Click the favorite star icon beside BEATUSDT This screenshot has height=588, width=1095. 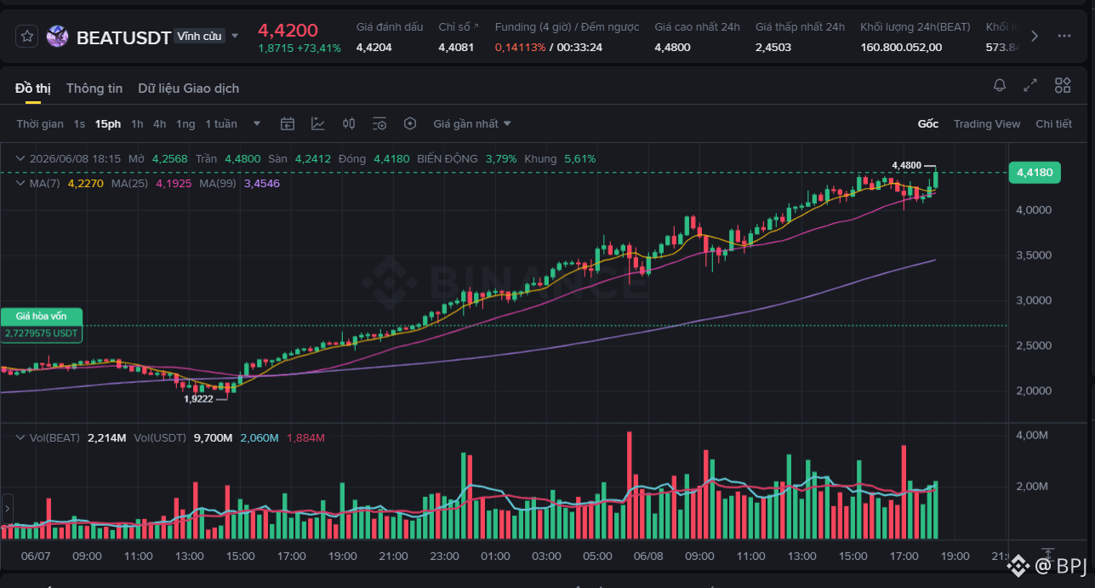27,37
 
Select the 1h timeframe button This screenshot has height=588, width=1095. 137,124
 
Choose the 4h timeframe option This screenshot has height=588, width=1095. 159,124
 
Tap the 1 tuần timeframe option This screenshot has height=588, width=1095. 221,124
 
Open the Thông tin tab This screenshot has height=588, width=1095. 94,88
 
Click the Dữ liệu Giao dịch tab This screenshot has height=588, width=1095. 189,88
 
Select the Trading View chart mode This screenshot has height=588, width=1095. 987,124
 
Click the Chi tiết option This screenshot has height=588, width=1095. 1053,124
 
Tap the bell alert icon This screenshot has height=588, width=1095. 1000,86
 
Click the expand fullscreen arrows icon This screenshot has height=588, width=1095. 1030,86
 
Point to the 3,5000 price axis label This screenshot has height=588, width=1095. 1034,255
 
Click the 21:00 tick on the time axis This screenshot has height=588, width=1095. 394,557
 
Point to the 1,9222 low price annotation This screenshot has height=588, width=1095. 198,399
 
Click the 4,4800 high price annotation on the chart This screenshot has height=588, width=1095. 906,165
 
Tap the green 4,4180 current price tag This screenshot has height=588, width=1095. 1035,173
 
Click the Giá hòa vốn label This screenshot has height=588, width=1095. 41,317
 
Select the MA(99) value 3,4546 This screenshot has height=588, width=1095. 262,184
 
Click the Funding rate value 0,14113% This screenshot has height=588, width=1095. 520,48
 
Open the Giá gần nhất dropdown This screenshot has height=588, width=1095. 472,124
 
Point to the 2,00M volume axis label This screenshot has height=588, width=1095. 1032,487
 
